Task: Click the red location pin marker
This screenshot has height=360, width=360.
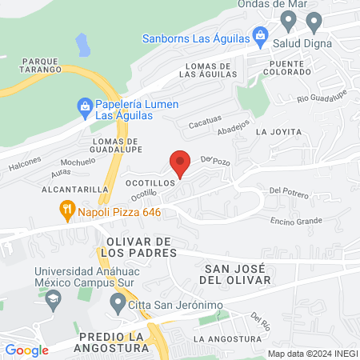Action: pos(180,162)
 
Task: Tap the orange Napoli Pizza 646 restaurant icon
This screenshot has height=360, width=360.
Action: pos(68,211)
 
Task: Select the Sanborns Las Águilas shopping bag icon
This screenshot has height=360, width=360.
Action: pos(260,35)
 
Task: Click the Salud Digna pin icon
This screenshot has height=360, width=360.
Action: pos(314,21)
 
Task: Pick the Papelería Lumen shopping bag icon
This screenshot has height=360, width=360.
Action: pos(84,105)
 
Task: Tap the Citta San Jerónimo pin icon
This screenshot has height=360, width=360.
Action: pos(118,302)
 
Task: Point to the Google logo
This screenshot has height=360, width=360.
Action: pos(26,350)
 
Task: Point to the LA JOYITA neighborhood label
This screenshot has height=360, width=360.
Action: pos(278,131)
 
